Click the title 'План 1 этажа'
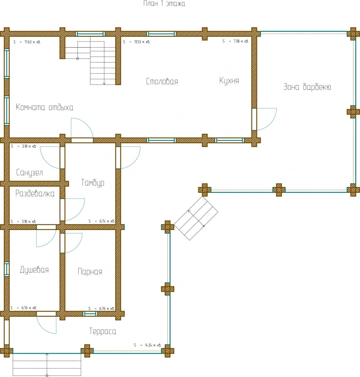click(x=164, y=3)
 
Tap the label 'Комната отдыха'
click(x=44, y=107)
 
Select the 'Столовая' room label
click(x=162, y=81)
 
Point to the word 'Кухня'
click(x=229, y=81)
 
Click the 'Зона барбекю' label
click(x=307, y=87)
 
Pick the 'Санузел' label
click(x=30, y=172)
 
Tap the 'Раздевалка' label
click(x=35, y=194)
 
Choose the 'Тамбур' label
click(x=93, y=183)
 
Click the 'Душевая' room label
click(x=34, y=270)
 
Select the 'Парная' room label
click(x=90, y=271)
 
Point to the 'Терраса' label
click(x=102, y=331)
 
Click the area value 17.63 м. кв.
click(x=27, y=42)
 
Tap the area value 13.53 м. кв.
click(x=137, y=42)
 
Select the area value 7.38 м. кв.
click(x=235, y=41)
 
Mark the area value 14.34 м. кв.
click(x=147, y=345)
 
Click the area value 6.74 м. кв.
click(x=102, y=221)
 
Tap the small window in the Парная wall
click(x=90, y=314)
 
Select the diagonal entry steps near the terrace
click(x=196, y=219)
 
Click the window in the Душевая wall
click(x=7, y=269)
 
